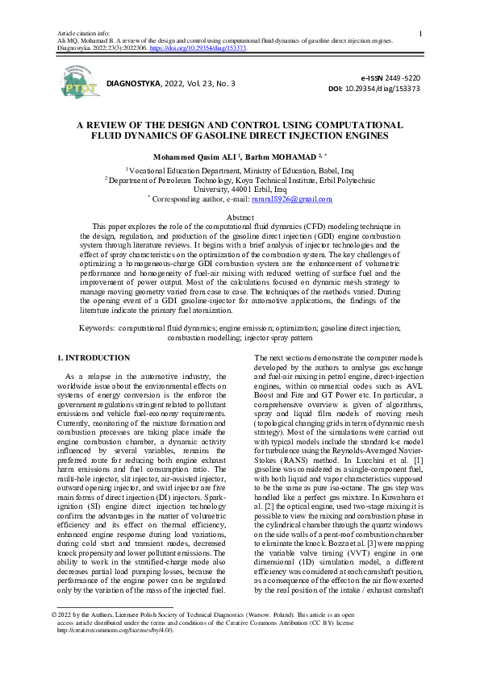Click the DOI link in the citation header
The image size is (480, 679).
click(208, 48)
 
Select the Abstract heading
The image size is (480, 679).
click(240, 219)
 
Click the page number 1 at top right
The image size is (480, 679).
click(421, 33)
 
